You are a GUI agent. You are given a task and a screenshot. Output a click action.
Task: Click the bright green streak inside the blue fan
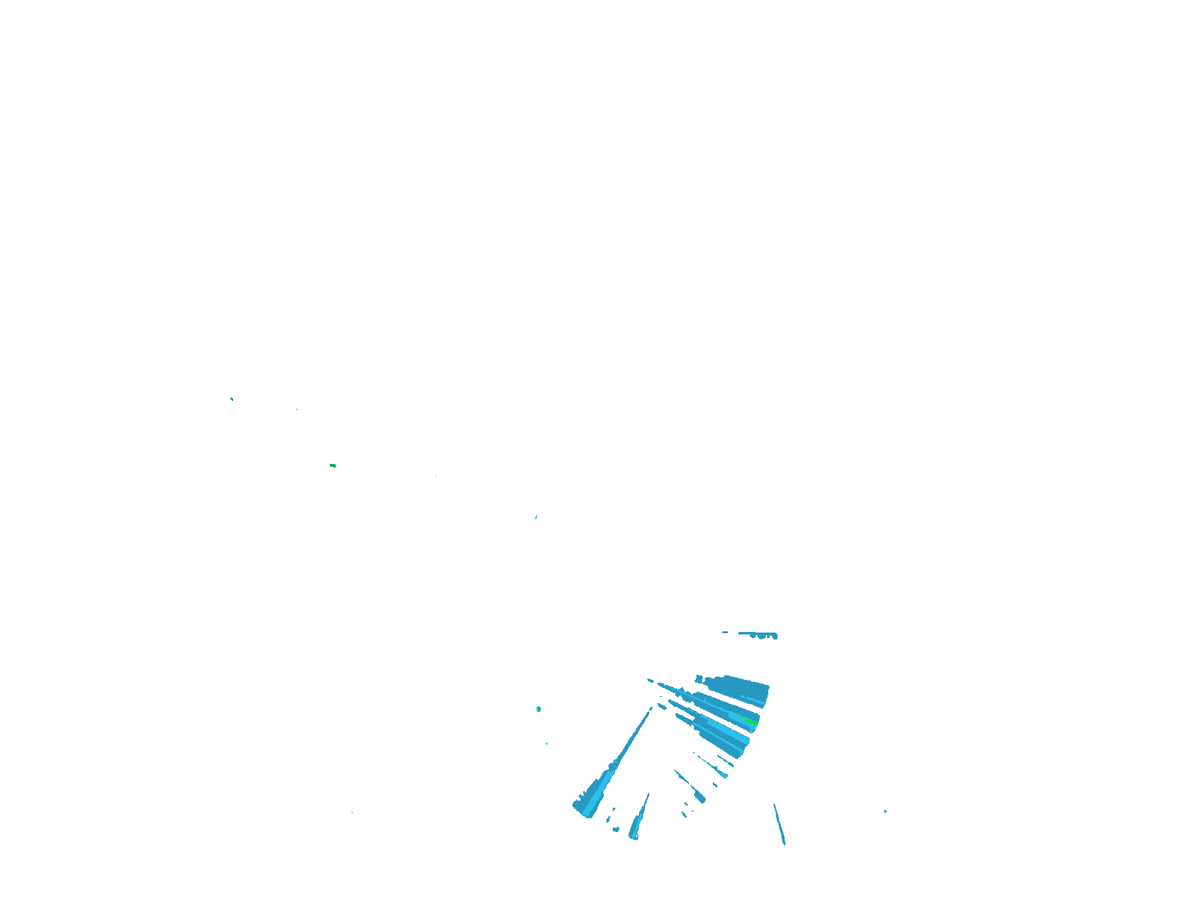point(750,721)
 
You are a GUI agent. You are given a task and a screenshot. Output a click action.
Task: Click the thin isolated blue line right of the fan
point(779,823)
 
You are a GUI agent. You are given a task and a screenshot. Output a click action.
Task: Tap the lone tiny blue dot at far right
point(885,811)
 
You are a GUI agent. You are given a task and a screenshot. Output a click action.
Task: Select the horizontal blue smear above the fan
point(759,634)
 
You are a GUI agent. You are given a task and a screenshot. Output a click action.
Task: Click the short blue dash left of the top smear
point(725,632)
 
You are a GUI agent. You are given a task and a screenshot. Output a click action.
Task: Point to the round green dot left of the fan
point(538,709)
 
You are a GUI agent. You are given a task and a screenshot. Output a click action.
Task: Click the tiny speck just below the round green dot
point(547,743)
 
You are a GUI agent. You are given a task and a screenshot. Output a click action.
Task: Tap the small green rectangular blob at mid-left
point(332,466)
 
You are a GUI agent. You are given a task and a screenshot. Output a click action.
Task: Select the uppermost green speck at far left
point(231,398)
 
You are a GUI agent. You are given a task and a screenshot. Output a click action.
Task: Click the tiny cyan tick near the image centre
point(536,517)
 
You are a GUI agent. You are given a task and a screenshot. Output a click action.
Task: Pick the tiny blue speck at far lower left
point(351,813)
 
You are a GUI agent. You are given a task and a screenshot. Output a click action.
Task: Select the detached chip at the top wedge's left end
point(698,679)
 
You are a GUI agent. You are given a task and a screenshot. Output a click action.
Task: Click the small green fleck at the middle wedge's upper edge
point(705,697)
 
